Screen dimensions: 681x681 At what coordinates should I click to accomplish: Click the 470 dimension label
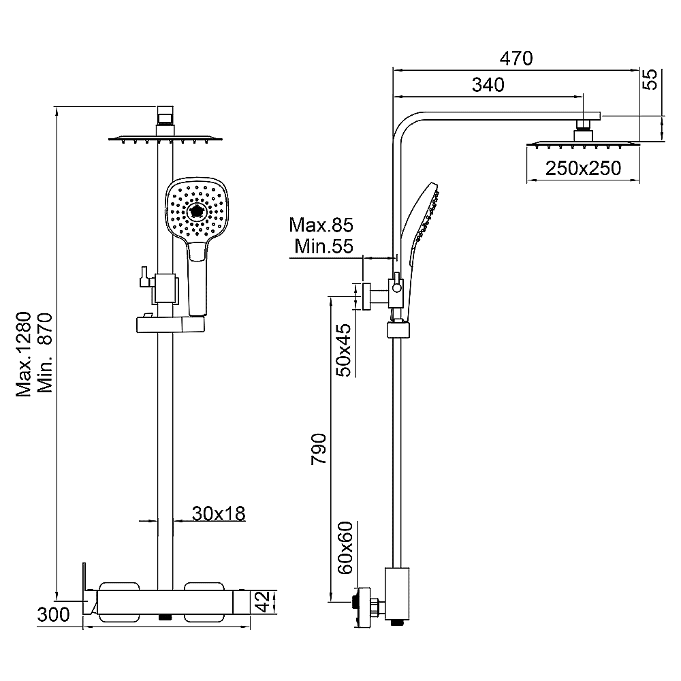(516, 58)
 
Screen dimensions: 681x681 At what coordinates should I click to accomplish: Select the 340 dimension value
(488, 85)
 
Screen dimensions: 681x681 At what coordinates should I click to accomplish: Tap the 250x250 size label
(584, 168)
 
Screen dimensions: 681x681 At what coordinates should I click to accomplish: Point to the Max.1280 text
(25, 354)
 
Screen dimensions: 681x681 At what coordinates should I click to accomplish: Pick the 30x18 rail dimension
(219, 513)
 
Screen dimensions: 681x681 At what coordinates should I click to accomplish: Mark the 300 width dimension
(53, 614)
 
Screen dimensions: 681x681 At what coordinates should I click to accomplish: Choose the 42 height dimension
(264, 602)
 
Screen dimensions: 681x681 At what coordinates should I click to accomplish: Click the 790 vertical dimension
(319, 449)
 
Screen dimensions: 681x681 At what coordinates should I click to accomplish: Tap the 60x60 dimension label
(346, 548)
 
